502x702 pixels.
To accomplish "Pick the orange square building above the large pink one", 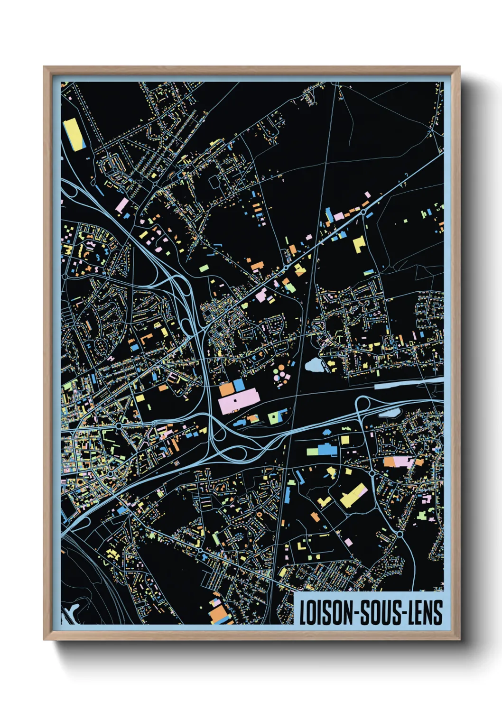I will coord(226,389).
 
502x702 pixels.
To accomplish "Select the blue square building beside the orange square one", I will coord(239,385).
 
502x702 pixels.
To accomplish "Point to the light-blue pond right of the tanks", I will coord(314,365).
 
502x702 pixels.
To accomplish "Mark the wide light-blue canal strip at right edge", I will coord(408,383).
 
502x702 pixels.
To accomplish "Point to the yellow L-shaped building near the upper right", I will coord(359,244).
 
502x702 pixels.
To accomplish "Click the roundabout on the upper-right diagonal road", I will coord(363,212).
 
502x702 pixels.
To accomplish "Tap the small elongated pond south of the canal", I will coord(389,413).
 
